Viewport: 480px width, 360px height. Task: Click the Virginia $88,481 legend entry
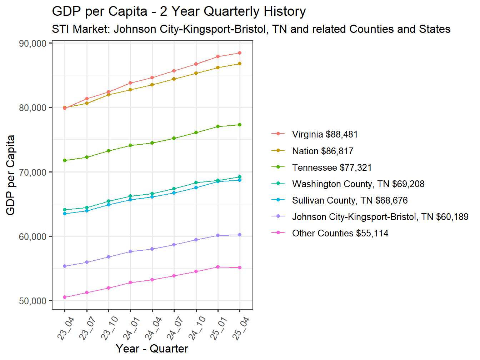pos(325,134)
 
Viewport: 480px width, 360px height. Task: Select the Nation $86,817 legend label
pos(322,151)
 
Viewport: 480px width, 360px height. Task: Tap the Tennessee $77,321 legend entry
pos(332,167)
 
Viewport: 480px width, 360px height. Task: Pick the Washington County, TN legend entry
pos(358,184)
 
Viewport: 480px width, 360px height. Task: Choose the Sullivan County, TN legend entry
pos(350,200)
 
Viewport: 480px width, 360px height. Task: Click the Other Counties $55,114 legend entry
pos(340,233)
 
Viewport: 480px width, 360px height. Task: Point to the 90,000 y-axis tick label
pos(33,44)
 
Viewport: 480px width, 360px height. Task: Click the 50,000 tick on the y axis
pos(33,301)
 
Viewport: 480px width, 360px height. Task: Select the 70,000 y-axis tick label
pos(33,172)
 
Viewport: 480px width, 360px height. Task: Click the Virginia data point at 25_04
pos(240,53)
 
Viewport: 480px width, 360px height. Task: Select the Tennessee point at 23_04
pos(65,160)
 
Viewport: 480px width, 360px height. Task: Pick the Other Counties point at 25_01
pos(218,267)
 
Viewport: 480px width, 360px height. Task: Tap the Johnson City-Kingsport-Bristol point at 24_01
pos(130,251)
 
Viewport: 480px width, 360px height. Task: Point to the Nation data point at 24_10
pos(196,73)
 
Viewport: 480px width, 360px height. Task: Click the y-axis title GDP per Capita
pos(11,175)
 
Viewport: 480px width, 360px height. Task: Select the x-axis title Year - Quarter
pos(152,349)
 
